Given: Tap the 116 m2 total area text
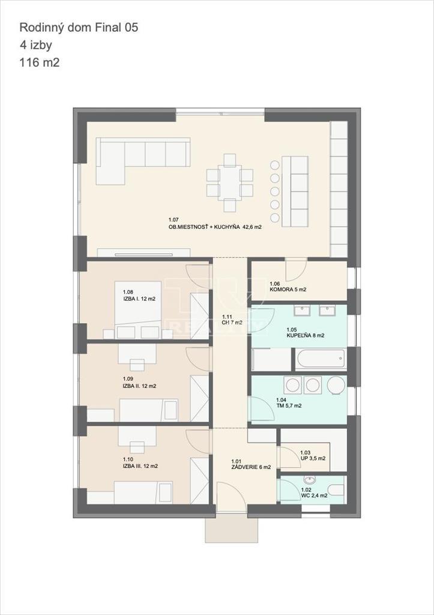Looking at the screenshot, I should pos(40,62).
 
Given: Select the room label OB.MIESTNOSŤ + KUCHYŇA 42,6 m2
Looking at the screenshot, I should pos(215,227).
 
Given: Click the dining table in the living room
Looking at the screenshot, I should pos(230,183).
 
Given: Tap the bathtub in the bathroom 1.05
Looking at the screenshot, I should pos(320,360).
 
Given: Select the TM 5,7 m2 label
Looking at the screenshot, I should pos(289,405).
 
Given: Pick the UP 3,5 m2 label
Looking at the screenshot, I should pos(313,458).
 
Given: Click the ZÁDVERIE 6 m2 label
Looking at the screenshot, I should pos(251,467).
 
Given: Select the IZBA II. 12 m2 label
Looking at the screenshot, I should pos(139,386).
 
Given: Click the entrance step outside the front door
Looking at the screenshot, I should pos(232,529).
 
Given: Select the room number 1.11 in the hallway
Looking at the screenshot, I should pos(228,317).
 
